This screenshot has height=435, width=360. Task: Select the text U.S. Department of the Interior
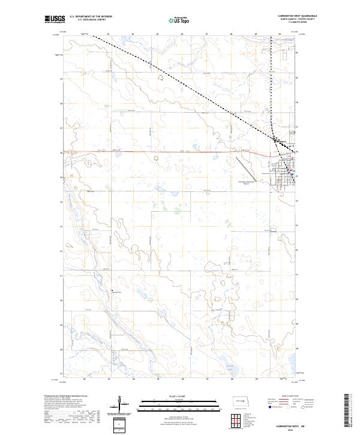coord(91,17)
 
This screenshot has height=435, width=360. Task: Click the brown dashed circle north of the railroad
coord(160,77)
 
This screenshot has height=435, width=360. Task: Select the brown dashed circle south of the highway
coord(156,158)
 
